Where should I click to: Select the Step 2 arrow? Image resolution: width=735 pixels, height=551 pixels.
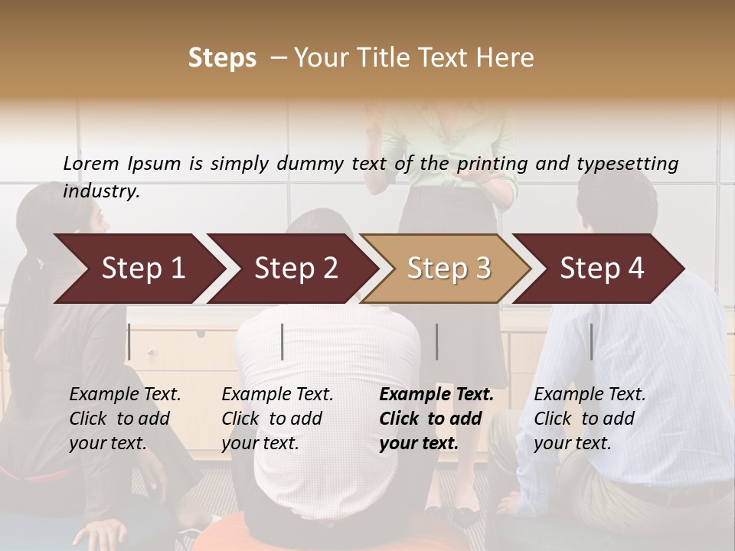(296, 269)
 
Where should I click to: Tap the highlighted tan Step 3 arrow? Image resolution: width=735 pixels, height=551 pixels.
(449, 269)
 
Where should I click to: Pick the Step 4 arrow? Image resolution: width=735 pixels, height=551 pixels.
(602, 269)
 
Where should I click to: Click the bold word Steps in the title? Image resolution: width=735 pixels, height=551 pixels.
(222, 58)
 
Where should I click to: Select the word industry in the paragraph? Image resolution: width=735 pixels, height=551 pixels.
(101, 191)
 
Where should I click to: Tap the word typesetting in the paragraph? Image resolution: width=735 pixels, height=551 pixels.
(627, 163)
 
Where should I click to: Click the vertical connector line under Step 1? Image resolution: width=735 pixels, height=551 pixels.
(129, 341)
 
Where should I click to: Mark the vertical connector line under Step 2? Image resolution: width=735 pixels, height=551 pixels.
(283, 341)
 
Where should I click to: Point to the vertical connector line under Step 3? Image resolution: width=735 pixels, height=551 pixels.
(437, 341)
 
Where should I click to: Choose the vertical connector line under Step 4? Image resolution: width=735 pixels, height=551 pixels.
(591, 341)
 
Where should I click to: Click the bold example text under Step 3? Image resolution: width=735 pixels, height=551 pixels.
(436, 419)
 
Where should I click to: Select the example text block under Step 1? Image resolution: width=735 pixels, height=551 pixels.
(125, 419)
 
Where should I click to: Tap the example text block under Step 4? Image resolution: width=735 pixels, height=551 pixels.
(590, 419)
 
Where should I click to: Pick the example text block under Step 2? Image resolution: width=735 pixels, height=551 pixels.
(277, 419)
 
